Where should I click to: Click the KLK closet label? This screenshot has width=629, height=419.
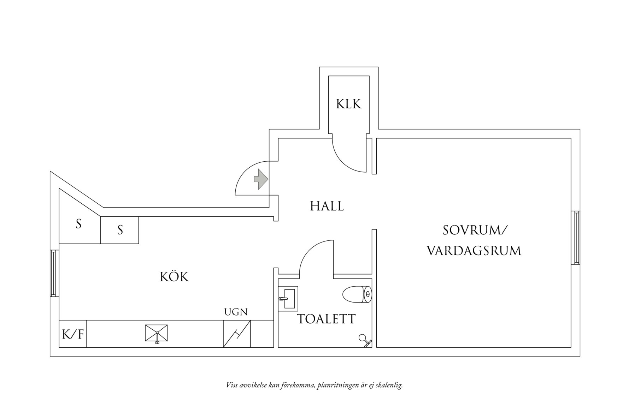tap(348, 104)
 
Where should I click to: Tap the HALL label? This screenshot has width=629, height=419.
tap(327, 206)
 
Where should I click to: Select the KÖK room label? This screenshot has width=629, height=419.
tap(175, 277)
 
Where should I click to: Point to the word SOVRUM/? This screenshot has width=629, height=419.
tap(475, 231)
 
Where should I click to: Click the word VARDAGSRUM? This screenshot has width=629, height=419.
tap(474, 251)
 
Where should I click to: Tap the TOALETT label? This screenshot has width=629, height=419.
tap(326, 319)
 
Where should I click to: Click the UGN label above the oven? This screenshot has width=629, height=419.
tap(236, 312)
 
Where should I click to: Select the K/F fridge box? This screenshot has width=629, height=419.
tap(73, 334)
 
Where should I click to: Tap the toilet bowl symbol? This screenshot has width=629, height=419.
tap(357, 294)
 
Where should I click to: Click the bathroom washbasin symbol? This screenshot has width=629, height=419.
tap(288, 298)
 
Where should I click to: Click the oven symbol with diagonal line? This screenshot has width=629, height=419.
tap(237, 334)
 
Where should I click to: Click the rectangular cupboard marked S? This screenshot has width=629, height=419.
tap(119, 230)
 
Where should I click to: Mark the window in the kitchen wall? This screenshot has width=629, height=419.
tap(54, 273)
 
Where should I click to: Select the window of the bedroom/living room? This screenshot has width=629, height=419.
tap(575, 238)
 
